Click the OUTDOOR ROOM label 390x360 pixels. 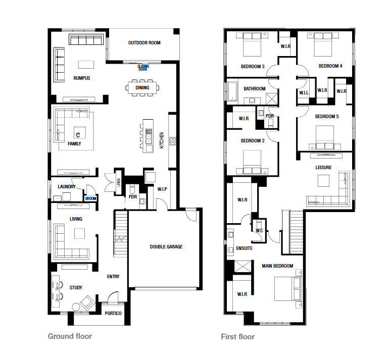(x=144, y=43)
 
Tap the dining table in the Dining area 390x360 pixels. (x=142, y=88)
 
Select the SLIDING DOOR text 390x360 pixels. (x=143, y=68)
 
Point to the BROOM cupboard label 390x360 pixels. (x=90, y=198)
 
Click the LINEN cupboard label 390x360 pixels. (x=119, y=183)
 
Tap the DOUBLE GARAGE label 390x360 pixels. (x=166, y=246)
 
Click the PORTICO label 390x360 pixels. (x=113, y=313)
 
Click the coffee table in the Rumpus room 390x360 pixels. (x=86, y=65)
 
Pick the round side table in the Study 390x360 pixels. (x=76, y=307)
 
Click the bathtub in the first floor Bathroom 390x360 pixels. (x=232, y=91)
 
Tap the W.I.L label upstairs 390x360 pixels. (x=304, y=93)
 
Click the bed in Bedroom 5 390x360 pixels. (x=325, y=137)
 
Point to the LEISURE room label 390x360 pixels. (x=323, y=168)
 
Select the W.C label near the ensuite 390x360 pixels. (x=259, y=231)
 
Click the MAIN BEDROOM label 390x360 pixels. (x=277, y=266)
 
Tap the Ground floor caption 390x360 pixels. (x=70, y=336)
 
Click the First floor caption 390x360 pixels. (x=238, y=337)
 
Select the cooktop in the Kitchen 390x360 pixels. (x=173, y=141)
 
